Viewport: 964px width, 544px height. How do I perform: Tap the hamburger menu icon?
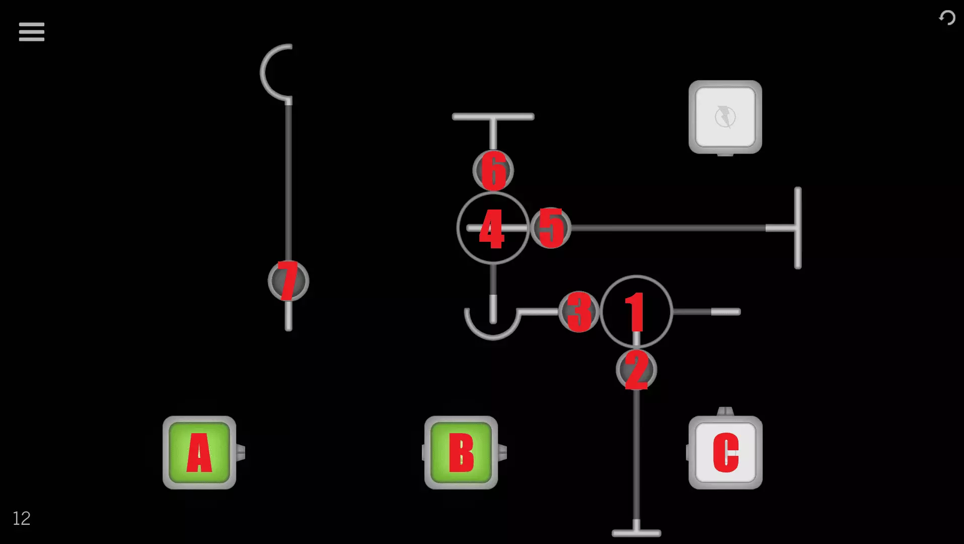[x=32, y=32]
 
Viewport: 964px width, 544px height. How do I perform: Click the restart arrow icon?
[x=947, y=18]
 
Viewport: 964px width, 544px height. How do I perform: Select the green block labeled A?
[x=199, y=452]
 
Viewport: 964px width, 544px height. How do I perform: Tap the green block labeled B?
[x=461, y=452]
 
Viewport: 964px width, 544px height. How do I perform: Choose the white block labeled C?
[x=725, y=452]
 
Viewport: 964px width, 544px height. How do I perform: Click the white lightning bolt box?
[x=725, y=117]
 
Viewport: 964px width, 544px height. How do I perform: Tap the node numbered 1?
[x=636, y=312]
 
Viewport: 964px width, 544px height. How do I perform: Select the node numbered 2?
[x=636, y=370]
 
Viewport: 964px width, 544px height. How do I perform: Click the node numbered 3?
[x=579, y=312]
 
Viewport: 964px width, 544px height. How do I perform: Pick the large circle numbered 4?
[x=493, y=228]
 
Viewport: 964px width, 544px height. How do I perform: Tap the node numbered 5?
[x=551, y=228]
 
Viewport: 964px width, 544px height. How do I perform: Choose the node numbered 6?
[x=493, y=170]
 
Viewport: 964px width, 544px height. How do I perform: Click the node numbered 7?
[x=288, y=281]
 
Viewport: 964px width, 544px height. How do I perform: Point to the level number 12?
[x=21, y=518]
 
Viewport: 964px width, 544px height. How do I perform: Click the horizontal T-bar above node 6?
[x=493, y=117]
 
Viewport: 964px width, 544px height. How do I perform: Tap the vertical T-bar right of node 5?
[x=797, y=228]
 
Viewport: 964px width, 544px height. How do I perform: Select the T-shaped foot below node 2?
[x=636, y=532]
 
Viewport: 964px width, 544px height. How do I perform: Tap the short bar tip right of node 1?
[x=725, y=312]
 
